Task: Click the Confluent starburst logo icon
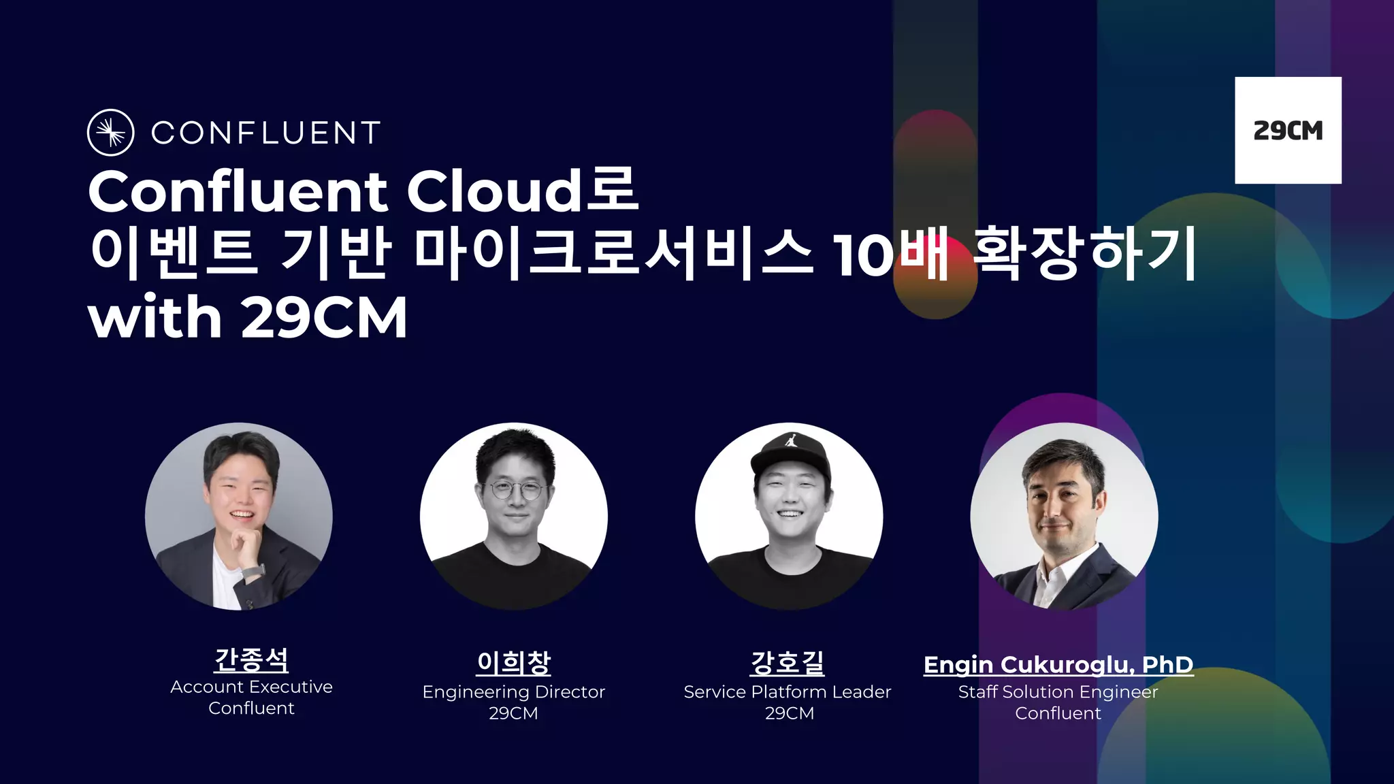click(110, 132)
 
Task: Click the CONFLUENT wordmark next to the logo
click(265, 133)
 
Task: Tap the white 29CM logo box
click(1288, 130)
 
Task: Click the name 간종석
click(251, 659)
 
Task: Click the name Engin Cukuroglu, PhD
click(1058, 664)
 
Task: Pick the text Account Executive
click(251, 687)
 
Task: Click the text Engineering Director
click(514, 692)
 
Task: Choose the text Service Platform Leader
click(788, 692)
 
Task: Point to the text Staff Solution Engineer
click(1058, 692)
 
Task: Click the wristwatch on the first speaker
click(252, 571)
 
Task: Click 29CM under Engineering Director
click(514, 713)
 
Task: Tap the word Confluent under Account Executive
click(251, 708)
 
